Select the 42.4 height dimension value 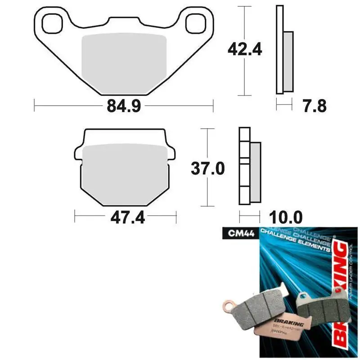pos(245,50)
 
